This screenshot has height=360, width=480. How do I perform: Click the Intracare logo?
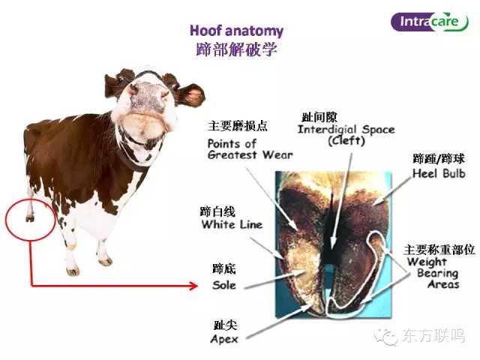(430, 22)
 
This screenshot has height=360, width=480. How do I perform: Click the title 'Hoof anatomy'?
(237, 31)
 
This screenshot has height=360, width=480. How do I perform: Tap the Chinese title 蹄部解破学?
(237, 49)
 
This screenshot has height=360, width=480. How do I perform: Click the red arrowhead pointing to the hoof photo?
(194, 286)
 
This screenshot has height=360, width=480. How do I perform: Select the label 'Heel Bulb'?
(439, 173)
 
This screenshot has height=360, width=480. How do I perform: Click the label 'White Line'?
(232, 224)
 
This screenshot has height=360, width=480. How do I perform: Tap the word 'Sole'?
(224, 285)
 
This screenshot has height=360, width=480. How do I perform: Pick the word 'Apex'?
(224, 339)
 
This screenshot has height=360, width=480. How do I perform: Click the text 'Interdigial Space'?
(346, 129)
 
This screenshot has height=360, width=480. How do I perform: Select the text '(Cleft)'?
(346, 141)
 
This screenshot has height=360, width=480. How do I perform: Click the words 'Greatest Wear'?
(250, 154)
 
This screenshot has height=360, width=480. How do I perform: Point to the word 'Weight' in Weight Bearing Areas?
(427, 262)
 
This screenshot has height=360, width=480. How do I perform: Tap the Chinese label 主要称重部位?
(439, 250)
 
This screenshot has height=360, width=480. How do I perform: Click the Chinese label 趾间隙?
(319, 117)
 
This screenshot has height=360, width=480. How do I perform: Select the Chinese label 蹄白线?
(217, 211)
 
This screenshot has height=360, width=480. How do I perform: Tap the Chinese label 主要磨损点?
(238, 126)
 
